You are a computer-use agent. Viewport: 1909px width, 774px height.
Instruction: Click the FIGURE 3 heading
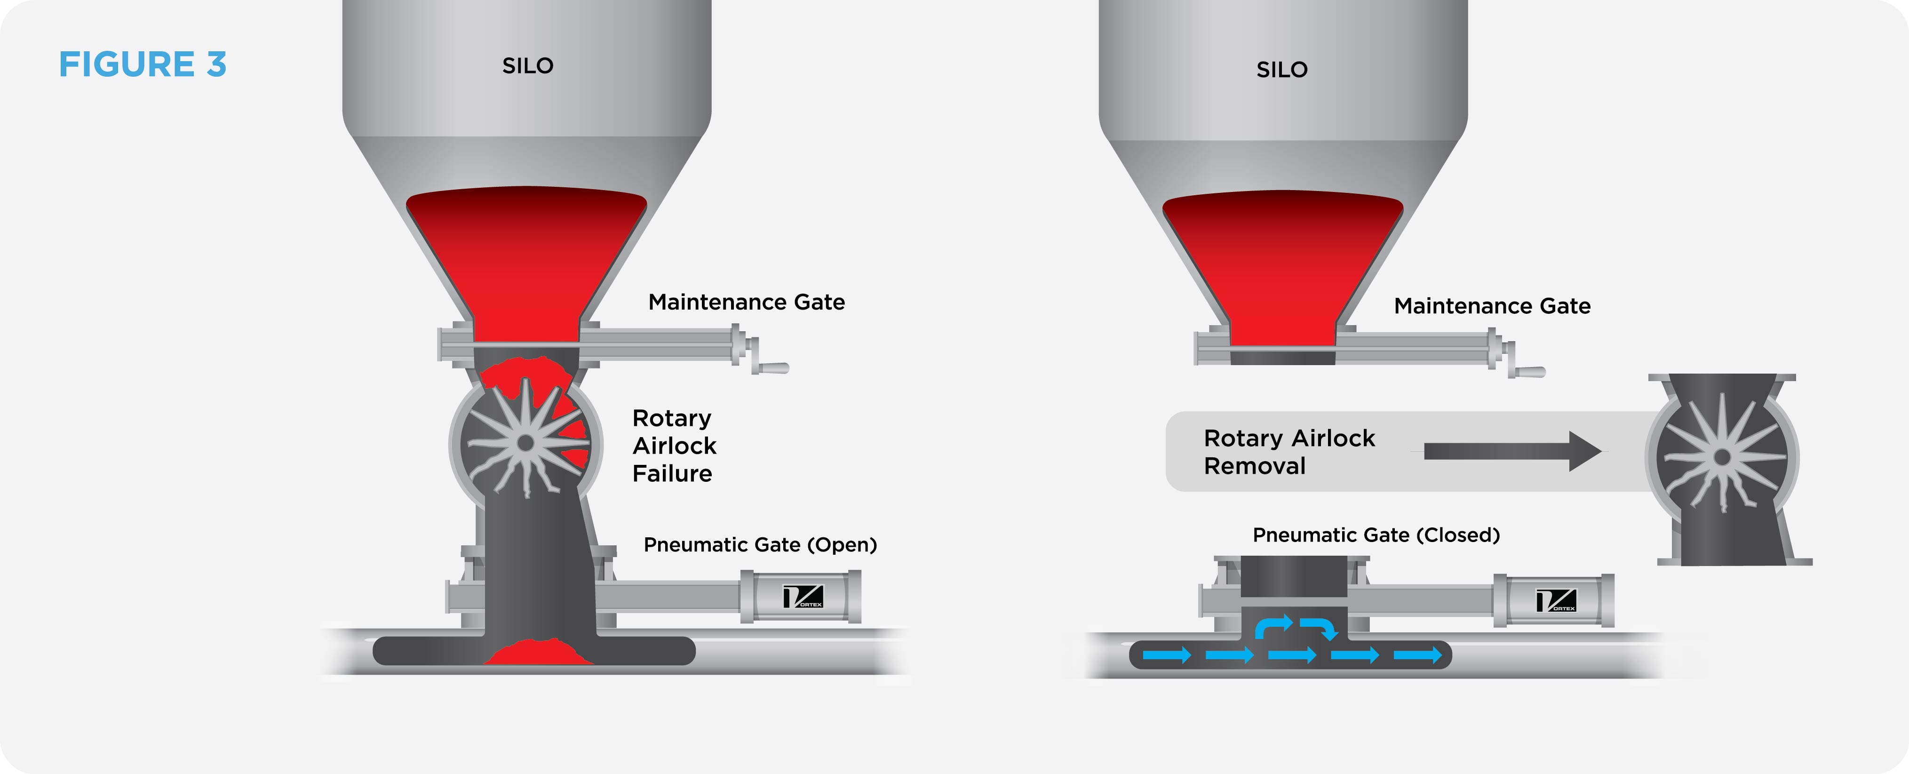[142, 64]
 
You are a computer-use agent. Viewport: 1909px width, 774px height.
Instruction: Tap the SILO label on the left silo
[528, 66]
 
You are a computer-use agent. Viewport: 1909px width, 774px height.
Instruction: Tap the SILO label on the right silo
[1282, 70]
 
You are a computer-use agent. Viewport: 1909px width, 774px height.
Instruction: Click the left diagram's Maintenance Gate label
[746, 303]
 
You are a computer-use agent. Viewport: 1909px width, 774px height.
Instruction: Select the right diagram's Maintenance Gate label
[1492, 306]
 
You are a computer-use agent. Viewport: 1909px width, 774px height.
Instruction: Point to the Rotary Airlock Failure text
[674, 446]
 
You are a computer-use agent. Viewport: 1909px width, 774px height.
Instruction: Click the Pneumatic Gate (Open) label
[760, 545]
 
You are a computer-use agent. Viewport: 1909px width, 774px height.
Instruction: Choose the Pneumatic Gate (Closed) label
[1376, 535]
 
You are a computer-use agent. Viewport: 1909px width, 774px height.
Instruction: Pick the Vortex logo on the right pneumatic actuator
[1556, 600]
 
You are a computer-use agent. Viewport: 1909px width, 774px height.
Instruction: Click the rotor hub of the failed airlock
[525, 443]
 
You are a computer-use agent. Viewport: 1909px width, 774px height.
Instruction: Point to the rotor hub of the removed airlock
[1722, 457]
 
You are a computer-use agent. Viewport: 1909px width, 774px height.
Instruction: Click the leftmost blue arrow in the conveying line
[1167, 654]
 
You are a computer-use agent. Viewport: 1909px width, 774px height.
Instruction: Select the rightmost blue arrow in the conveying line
[1418, 654]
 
